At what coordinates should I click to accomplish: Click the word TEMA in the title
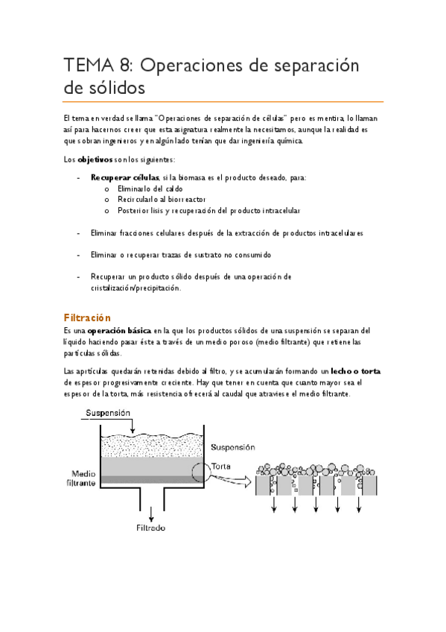[86, 66]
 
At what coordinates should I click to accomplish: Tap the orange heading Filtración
[87, 317]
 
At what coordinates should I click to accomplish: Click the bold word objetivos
[96, 159]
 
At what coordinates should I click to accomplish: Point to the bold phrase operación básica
[120, 330]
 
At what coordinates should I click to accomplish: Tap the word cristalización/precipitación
[136, 288]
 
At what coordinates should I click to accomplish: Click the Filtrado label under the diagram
[151, 528]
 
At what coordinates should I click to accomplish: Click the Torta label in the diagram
[221, 467]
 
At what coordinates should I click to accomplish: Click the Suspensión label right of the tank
[233, 447]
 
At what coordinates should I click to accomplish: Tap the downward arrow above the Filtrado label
[152, 513]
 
